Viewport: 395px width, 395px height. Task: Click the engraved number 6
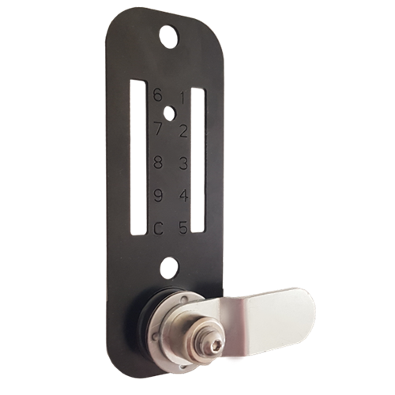pyautogui.click(x=158, y=95)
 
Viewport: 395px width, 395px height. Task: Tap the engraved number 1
pyautogui.click(x=182, y=99)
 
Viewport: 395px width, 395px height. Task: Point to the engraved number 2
pyautogui.click(x=182, y=131)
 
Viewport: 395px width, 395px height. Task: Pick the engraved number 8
pyautogui.click(x=158, y=162)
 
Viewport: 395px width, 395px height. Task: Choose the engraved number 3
pyautogui.click(x=182, y=164)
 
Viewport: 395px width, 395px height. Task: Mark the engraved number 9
pyautogui.click(x=158, y=195)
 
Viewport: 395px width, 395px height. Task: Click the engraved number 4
pyautogui.click(x=182, y=196)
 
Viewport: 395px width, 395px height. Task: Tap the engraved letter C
pyautogui.click(x=158, y=229)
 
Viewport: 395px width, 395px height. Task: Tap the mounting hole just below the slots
pyautogui.click(x=168, y=268)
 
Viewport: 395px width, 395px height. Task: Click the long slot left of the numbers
pyautogui.click(x=137, y=158)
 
